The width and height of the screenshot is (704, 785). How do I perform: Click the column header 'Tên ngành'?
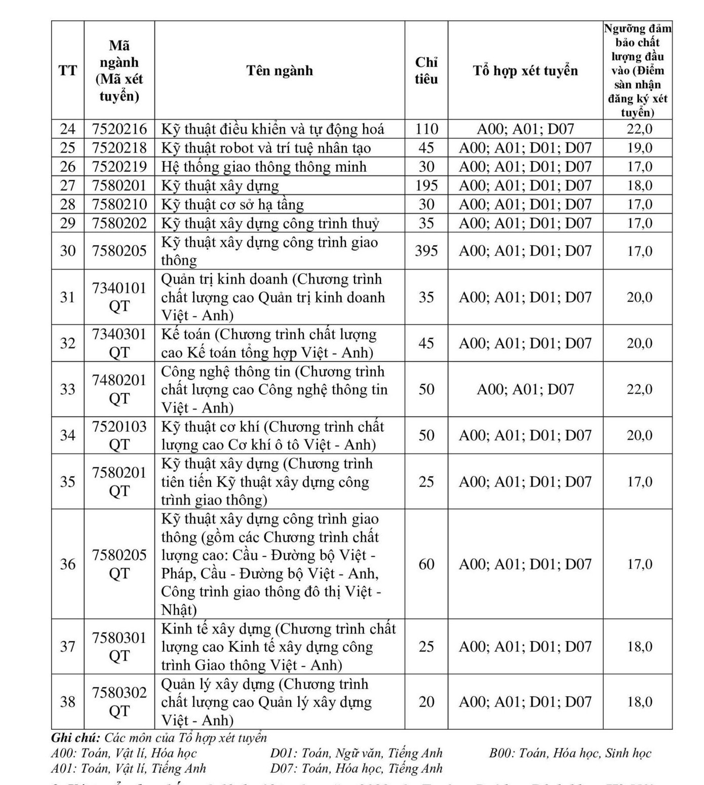[280, 70]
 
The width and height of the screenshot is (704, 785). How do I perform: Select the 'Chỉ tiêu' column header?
[426, 70]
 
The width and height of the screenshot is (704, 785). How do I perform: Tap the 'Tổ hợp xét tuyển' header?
[525, 70]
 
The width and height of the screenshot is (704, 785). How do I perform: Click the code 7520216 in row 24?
[119, 129]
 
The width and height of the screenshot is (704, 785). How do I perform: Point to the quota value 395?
[426, 251]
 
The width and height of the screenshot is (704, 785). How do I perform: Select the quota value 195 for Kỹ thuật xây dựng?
[426, 185]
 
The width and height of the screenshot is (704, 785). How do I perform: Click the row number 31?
[67, 297]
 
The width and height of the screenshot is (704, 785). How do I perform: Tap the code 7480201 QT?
[119, 389]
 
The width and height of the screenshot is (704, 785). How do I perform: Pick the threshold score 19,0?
[640, 148]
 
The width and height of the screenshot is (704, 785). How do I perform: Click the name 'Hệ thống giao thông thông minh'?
[263, 167]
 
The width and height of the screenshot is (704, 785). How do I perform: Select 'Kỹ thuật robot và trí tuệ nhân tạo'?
[266, 148]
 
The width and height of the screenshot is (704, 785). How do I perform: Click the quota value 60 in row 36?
[426, 564]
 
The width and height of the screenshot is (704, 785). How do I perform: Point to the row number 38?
[67, 702]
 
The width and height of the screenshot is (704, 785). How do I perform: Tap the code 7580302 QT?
[119, 702]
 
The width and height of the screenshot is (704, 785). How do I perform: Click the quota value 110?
[426, 129]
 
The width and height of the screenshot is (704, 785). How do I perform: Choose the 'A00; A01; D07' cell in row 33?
[525, 389]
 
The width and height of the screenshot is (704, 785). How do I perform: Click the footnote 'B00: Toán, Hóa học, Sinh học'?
[570, 754]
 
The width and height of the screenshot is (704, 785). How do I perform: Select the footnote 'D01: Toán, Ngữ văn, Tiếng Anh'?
[356, 754]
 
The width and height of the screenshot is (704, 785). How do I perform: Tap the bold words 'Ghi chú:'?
[75, 738]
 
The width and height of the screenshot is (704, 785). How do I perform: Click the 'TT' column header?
[67, 70]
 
